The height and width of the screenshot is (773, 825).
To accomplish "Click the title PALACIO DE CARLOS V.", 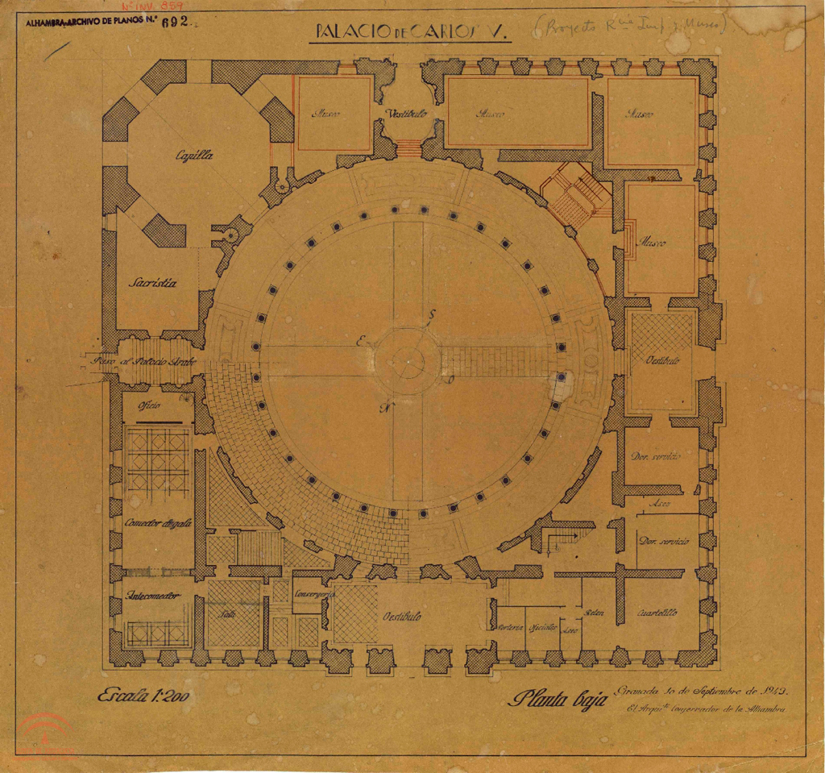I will point(409,31).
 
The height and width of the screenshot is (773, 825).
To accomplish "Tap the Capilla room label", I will point(195,157).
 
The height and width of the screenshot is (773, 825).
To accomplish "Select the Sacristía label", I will point(153,283).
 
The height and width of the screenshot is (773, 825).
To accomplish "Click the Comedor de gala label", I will point(158,522).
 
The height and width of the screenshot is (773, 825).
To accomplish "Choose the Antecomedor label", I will point(152,596).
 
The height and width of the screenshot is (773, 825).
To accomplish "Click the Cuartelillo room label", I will point(657,613).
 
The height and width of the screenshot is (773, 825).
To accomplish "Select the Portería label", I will point(511,627).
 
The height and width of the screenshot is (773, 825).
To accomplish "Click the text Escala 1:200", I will point(143,696).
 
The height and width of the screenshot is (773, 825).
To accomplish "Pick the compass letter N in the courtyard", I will point(385,408).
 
